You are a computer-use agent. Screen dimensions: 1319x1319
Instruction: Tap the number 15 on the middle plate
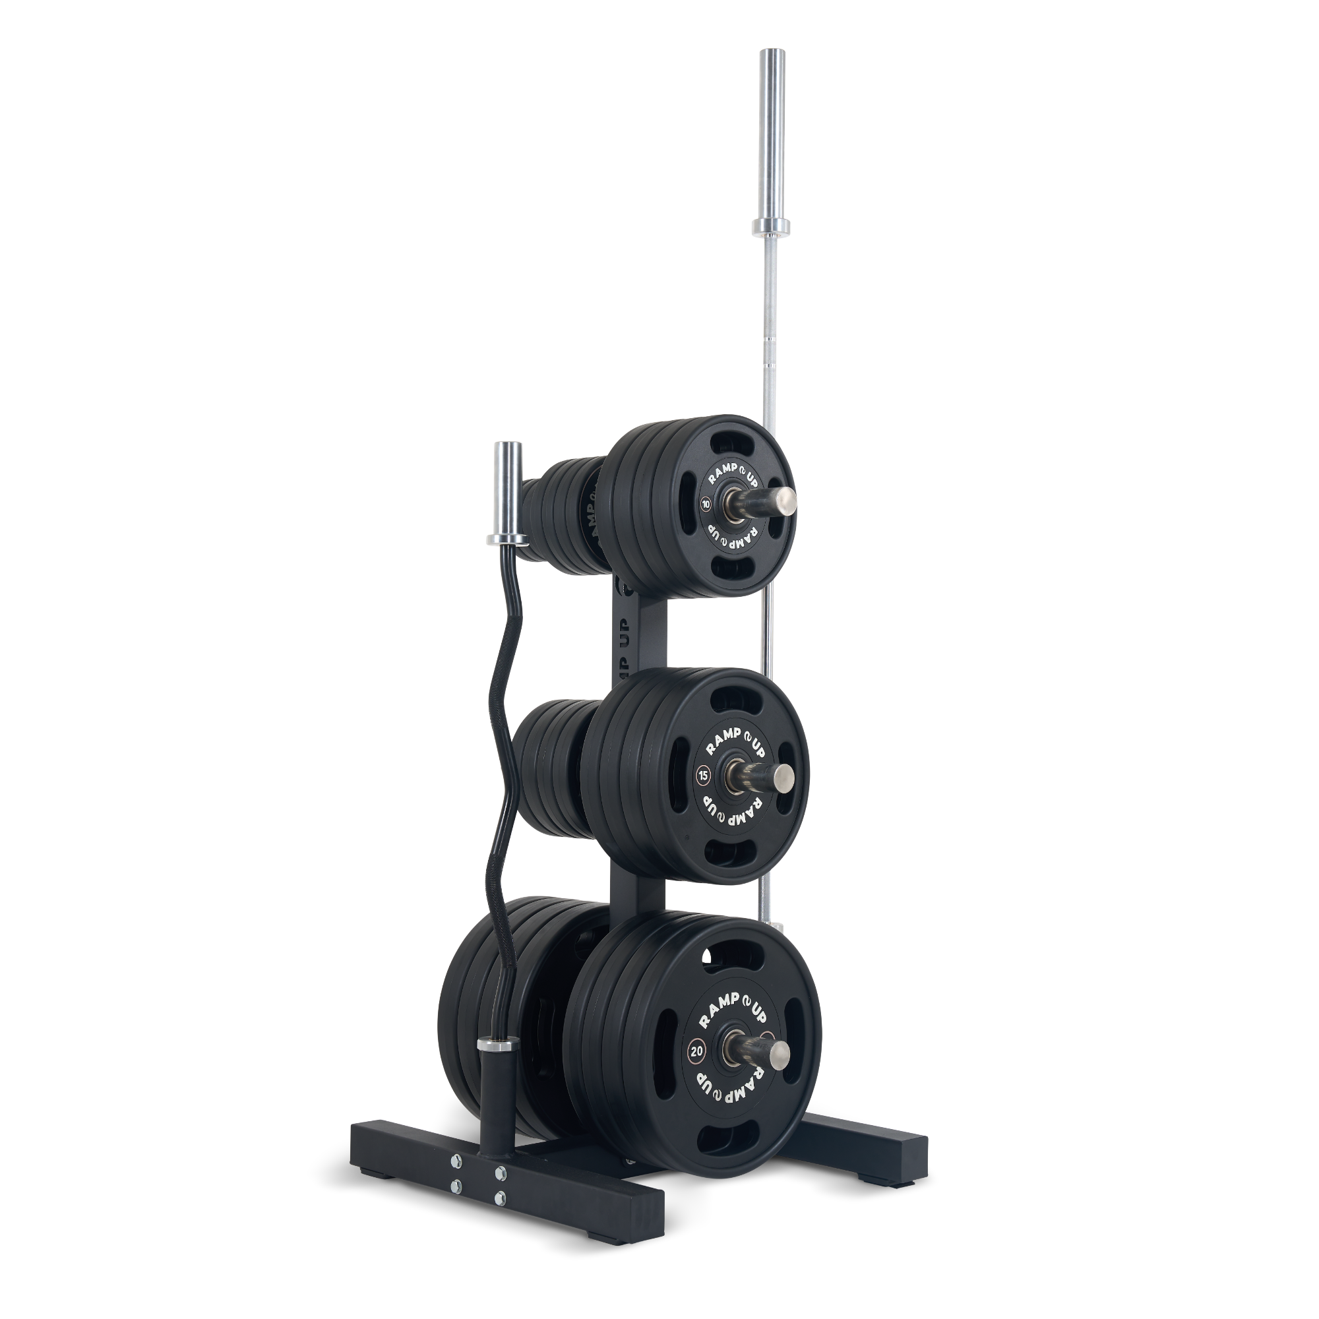tap(702, 775)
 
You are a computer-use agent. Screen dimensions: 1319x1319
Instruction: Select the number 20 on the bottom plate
tap(697, 1050)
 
